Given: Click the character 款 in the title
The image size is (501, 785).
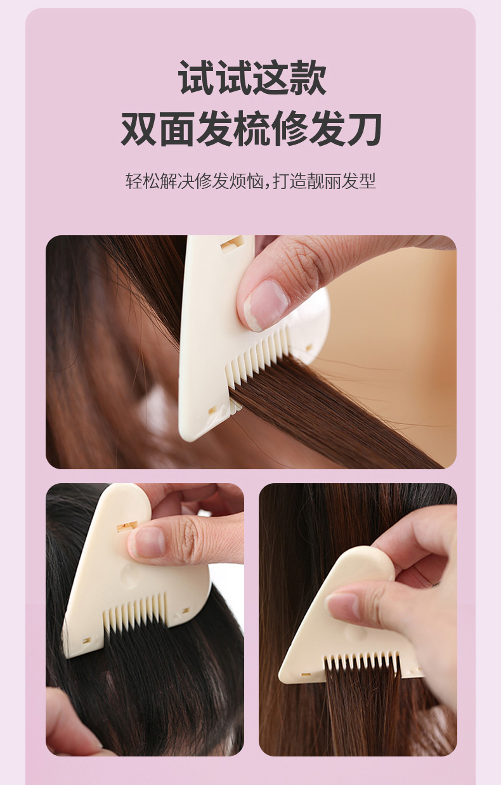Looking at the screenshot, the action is pyautogui.click(x=308, y=77).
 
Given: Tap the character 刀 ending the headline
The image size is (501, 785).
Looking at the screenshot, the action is pyautogui.click(x=364, y=129).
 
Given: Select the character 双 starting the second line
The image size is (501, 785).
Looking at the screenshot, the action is pyautogui.click(x=138, y=129).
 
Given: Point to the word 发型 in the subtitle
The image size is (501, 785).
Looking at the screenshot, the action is pyautogui.click(x=359, y=181).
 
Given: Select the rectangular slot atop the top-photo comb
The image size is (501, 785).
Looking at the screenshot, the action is pyautogui.click(x=231, y=242).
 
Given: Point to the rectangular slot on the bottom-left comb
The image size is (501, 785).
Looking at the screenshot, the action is pyautogui.click(x=127, y=526).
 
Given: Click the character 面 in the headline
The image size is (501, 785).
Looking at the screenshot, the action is pyautogui.click(x=177, y=129).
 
